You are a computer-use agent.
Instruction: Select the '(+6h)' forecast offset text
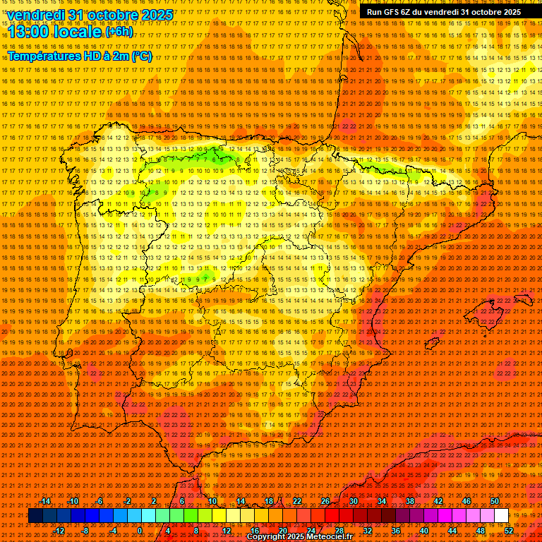pos(119,32)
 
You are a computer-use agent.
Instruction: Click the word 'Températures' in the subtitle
pos(44,56)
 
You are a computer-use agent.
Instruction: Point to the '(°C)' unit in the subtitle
pos(141,56)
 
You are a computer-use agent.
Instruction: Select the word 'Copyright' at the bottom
pos(267,537)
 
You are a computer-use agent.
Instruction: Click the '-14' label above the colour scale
pos(45,501)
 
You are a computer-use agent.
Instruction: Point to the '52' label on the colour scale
pos(509,530)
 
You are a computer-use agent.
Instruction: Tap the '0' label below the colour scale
pos(140,530)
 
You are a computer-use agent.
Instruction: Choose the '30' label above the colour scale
pos(353,501)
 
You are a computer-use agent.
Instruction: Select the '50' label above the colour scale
pos(494,501)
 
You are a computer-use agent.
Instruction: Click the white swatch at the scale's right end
pos(501,516)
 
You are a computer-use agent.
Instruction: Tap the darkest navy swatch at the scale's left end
pos(35,516)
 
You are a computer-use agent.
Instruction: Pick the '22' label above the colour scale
pos(297,501)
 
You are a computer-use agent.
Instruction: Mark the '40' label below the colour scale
pos(423,530)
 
